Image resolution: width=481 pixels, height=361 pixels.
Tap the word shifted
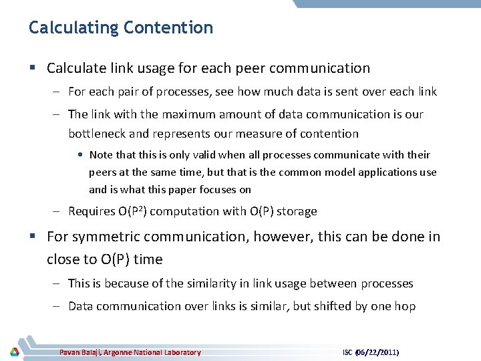pyautogui.click(x=329, y=306)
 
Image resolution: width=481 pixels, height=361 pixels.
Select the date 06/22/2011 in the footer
pyautogui.click(x=382, y=352)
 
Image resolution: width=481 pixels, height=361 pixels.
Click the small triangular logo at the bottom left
pyautogui.click(x=15, y=352)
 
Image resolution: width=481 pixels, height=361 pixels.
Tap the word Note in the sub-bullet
pyautogui.click(x=101, y=154)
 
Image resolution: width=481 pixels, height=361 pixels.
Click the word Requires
pyautogui.click(x=91, y=211)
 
